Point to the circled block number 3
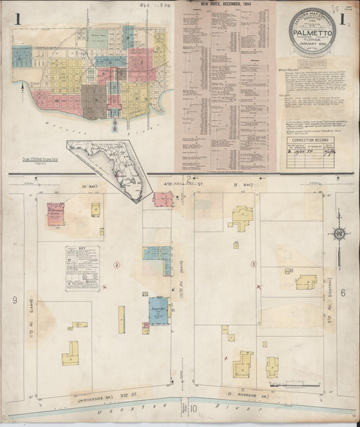click(253, 263)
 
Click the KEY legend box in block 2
click(82, 268)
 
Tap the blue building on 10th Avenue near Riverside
click(159, 310)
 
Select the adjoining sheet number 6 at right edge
click(342, 293)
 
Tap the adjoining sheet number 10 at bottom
click(193, 408)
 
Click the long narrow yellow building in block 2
click(122, 320)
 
